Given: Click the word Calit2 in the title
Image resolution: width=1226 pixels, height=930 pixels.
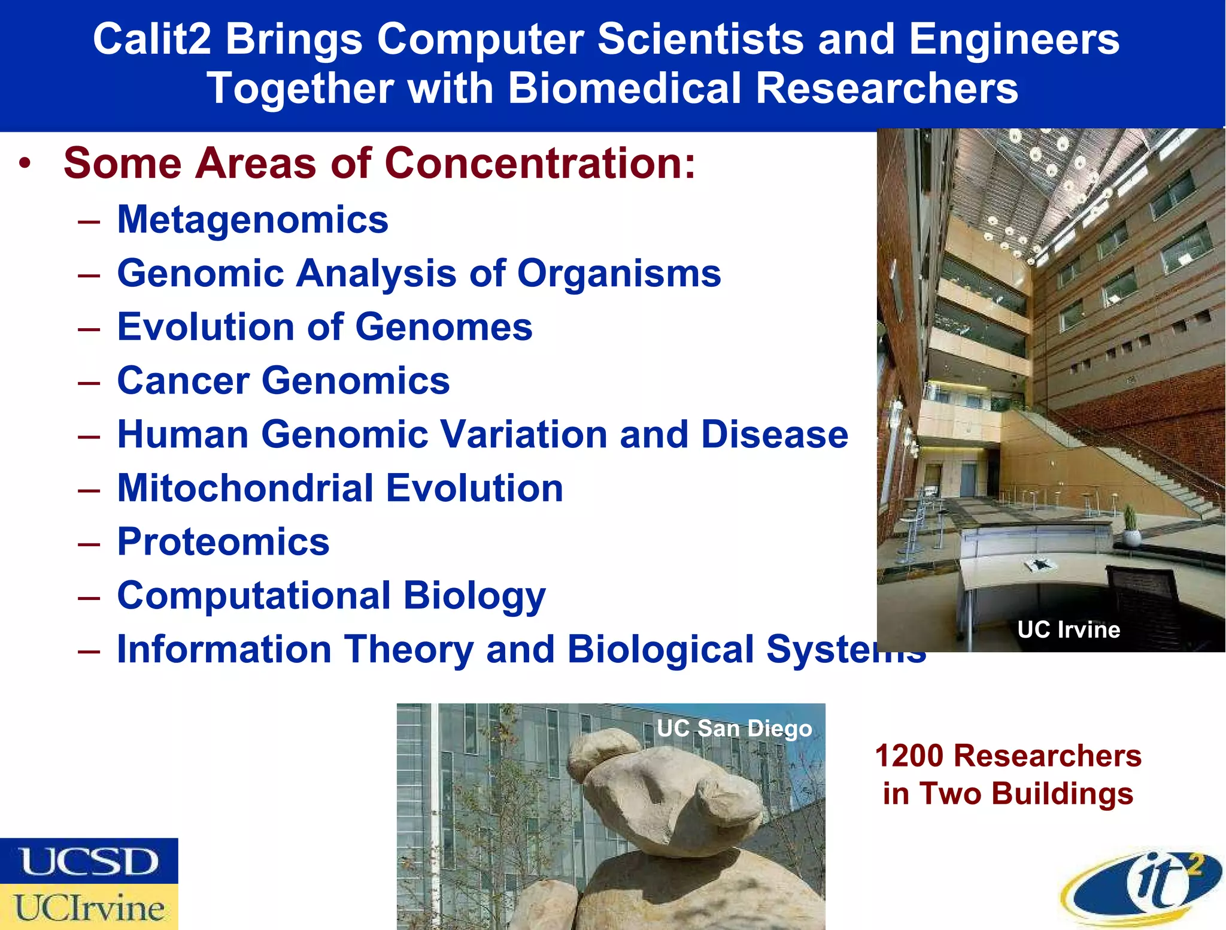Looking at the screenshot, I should click(x=152, y=40).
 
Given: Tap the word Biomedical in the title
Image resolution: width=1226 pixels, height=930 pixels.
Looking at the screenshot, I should click(x=626, y=89).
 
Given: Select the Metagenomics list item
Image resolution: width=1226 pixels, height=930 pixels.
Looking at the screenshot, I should click(x=253, y=220).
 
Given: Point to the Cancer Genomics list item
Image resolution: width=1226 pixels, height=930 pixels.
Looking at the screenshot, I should click(x=283, y=381).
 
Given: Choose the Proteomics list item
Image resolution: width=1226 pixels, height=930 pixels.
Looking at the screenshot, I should click(x=223, y=542).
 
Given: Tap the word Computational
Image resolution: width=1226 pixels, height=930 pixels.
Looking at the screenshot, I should click(x=254, y=596).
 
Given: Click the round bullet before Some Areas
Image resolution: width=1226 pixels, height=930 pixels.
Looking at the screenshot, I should click(x=25, y=163).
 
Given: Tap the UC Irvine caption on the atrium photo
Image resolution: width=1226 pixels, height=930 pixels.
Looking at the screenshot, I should click(x=1069, y=630).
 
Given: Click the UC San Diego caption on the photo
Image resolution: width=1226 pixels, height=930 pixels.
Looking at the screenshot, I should click(x=734, y=729).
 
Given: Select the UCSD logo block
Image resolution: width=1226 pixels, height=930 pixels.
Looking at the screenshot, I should click(x=89, y=861).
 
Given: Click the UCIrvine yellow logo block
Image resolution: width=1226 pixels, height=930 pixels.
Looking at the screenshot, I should click(x=89, y=907).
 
